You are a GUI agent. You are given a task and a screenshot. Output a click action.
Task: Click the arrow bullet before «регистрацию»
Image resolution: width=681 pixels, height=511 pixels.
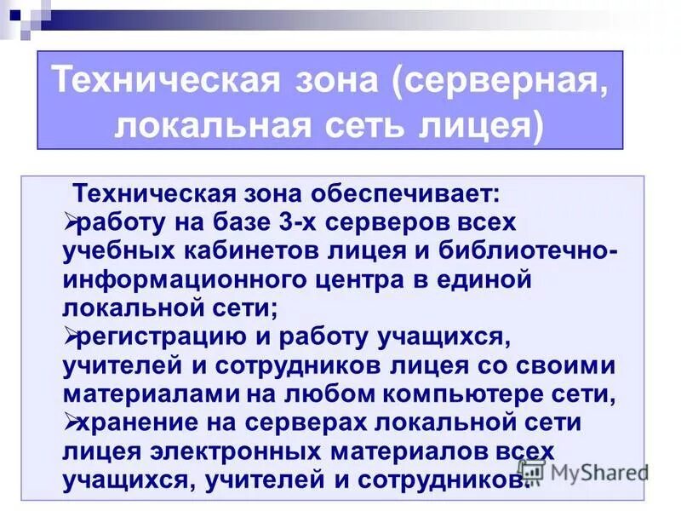click(71, 336)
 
